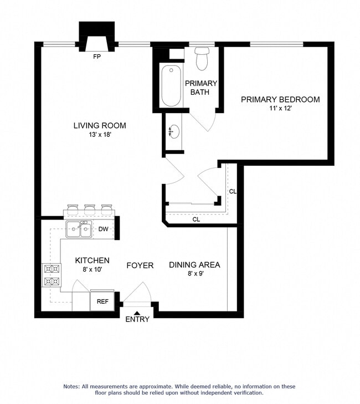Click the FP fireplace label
[x=97, y=57]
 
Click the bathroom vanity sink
[x=174, y=132]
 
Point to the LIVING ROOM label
[x=100, y=126]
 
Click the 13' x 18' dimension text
[x=100, y=135]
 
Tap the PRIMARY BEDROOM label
[x=280, y=100]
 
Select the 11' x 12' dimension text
[x=280, y=109]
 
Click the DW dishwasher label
[x=103, y=229]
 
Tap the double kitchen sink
[x=79, y=229]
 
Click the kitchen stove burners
[x=52, y=275]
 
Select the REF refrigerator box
[x=102, y=301]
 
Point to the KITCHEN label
[x=92, y=260]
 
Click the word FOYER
[x=140, y=265]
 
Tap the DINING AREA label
[x=194, y=265]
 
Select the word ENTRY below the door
[x=137, y=319]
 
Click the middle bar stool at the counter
[x=89, y=209]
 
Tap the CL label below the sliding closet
[x=196, y=219]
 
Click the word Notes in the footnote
[x=73, y=386]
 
